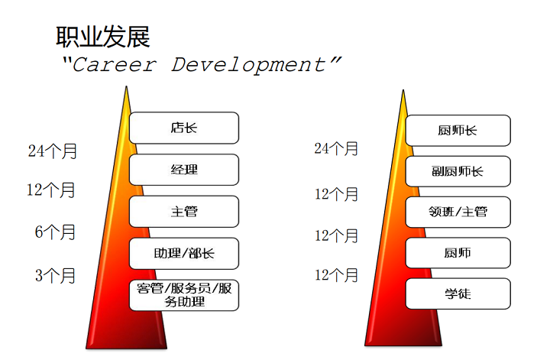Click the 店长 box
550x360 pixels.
[184, 128]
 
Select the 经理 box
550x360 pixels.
[184, 170]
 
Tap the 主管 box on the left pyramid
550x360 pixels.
[184, 212]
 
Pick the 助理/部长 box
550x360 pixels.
[184, 254]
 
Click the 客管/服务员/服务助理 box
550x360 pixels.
[184, 295]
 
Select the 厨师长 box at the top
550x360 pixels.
[458, 130]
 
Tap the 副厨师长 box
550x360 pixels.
[458, 171]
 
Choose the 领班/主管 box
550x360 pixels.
[458, 212]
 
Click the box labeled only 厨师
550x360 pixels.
[458, 253]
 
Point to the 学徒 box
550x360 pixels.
[458, 294]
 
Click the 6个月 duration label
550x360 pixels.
[56, 232]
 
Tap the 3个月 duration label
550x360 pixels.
[56, 276]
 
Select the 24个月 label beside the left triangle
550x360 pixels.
[53, 151]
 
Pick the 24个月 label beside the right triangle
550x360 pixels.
[336, 148]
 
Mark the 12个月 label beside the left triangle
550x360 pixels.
[51, 190]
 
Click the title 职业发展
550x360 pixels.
[103, 36]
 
